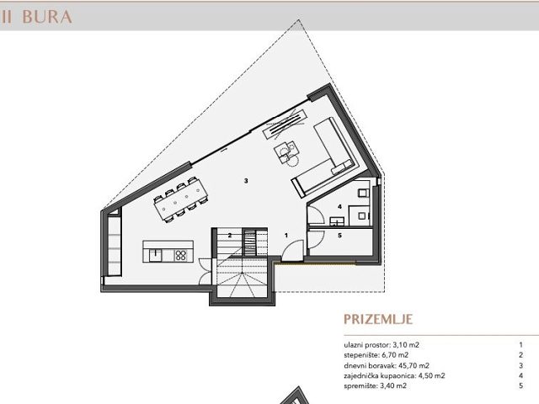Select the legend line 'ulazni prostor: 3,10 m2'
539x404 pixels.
[x=382, y=345]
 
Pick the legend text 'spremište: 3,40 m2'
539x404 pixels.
[x=375, y=385]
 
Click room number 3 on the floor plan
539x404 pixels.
[x=245, y=181]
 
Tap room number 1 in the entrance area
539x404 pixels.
[x=286, y=236]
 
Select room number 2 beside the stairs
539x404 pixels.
[x=229, y=235]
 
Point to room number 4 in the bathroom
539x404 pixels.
[x=339, y=206]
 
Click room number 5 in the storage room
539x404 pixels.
[x=339, y=237]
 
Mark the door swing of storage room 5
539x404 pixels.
[x=313, y=241]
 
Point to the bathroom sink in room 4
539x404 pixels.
[x=338, y=221]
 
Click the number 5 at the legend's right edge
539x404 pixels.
[x=521, y=385]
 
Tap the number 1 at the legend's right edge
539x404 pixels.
[x=521, y=345]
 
